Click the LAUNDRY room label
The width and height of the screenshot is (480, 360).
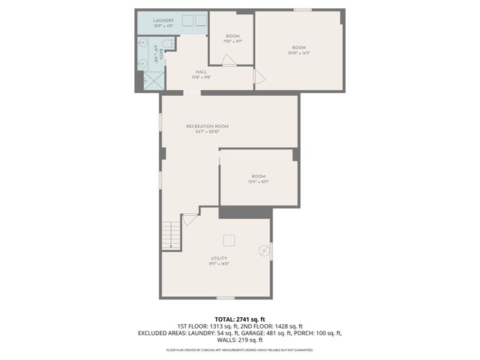(x=163, y=21)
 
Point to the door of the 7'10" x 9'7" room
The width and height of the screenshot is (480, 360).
(x=229, y=59)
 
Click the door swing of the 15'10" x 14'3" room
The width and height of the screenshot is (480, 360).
(x=259, y=76)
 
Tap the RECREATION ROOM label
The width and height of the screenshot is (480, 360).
(x=207, y=126)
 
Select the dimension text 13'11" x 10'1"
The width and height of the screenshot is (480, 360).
(x=259, y=181)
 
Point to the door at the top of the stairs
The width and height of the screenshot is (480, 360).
(x=189, y=220)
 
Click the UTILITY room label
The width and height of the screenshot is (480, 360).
(x=219, y=258)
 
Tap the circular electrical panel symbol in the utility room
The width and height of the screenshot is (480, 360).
(x=264, y=250)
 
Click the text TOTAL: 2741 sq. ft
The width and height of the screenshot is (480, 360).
(x=240, y=319)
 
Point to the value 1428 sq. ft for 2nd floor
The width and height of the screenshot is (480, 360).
(x=287, y=326)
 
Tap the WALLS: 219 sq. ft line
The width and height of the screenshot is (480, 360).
(x=240, y=340)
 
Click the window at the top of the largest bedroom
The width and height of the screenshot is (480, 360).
(x=303, y=10)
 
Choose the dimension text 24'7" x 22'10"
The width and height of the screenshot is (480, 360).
(x=207, y=132)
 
